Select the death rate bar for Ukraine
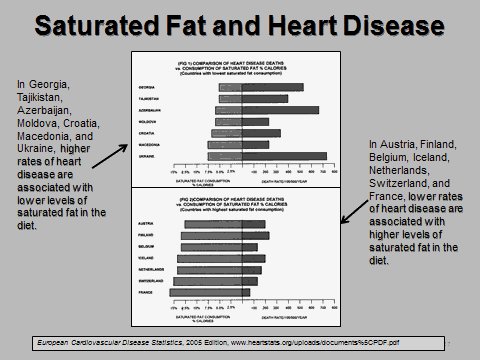coord(285,157)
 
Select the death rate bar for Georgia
coord(273,87)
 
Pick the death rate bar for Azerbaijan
coord(281,110)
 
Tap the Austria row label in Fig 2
coord(145,222)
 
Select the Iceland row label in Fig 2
coord(145,258)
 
